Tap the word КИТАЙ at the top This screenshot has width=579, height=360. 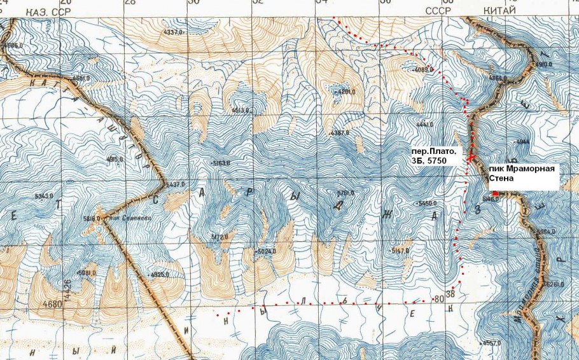click(501, 10)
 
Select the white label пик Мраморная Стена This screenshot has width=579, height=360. click(522, 175)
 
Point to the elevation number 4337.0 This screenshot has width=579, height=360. click(173, 31)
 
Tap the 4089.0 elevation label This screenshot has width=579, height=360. click(424, 69)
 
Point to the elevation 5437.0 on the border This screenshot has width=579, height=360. click(174, 184)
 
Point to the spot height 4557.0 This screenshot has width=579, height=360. click(492, 343)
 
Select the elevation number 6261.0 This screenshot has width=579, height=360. click(555, 284)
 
